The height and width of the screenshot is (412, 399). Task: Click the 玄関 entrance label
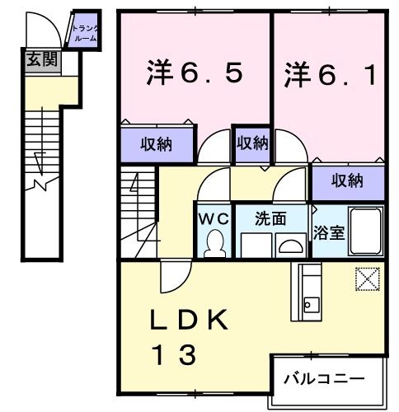point(36,59)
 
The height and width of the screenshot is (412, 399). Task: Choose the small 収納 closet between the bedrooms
point(252,143)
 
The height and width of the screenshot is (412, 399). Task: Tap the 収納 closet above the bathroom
point(348,180)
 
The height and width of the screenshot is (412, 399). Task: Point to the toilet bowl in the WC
point(214,243)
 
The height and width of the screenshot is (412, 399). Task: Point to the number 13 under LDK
point(172,355)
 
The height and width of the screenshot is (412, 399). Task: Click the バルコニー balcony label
point(324,378)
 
